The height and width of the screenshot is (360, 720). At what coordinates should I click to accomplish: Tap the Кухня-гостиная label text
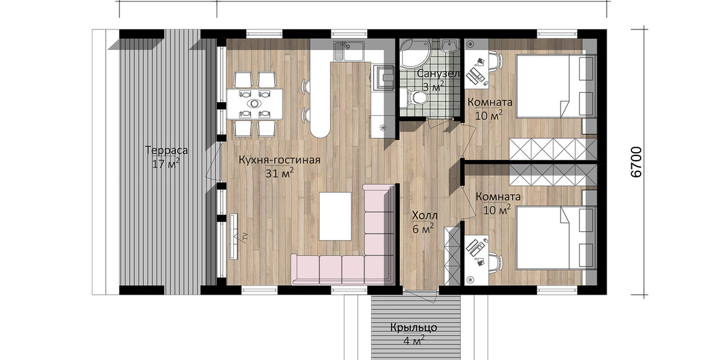(279, 160)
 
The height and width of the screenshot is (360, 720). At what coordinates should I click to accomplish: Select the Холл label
(425, 215)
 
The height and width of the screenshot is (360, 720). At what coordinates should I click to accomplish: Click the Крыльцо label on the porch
(414, 328)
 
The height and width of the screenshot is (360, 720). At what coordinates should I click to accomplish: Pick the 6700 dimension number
(636, 162)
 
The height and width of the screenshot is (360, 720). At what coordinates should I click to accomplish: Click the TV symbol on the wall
(234, 237)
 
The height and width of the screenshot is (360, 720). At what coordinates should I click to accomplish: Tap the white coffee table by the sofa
(335, 216)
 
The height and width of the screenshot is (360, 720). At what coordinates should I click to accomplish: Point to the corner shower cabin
(414, 54)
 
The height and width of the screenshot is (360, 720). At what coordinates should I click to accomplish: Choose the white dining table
(255, 104)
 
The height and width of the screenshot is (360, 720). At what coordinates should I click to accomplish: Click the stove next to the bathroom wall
(383, 76)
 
